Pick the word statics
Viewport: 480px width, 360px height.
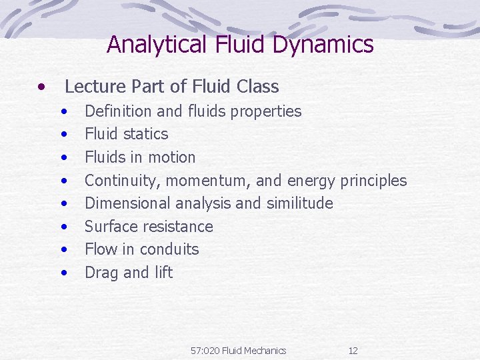145,134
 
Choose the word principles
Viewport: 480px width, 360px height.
373,181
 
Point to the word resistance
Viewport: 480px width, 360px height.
179,227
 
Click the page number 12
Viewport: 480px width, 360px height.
353,351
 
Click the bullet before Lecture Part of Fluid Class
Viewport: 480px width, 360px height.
42,86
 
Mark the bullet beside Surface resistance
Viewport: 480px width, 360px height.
65,227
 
